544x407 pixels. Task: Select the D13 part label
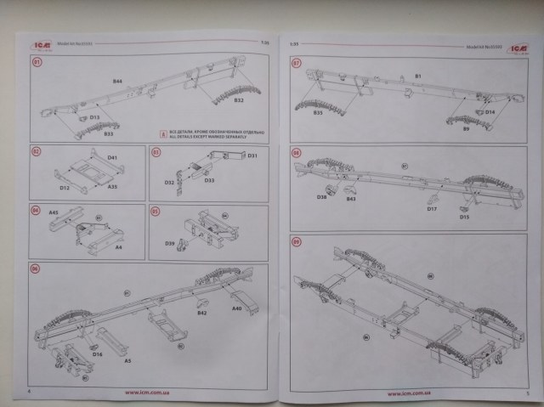(95, 116)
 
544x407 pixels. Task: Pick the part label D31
(252, 155)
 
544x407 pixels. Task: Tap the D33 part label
(208, 180)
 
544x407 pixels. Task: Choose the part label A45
(54, 212)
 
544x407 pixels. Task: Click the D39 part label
(171, 243)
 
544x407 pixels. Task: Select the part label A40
(237, 308)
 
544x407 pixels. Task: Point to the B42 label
(201, 314)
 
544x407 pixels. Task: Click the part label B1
(418, 76)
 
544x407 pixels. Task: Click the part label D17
(431, 208)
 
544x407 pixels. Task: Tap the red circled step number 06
(36, 269)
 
